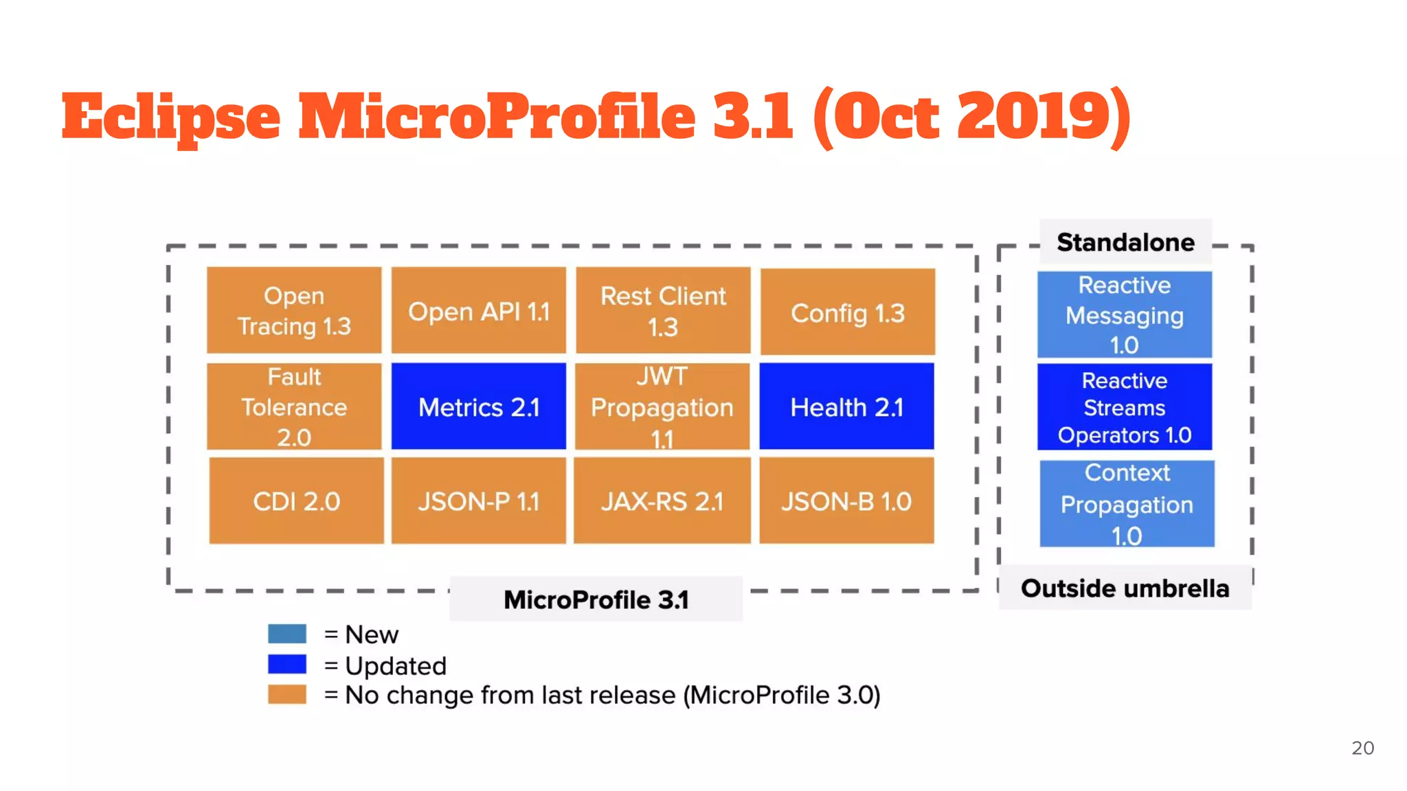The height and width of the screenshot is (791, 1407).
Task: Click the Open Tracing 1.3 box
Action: point(294,310)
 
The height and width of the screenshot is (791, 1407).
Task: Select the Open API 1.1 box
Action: point(479,310)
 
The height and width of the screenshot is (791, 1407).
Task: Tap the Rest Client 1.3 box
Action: point(663,310)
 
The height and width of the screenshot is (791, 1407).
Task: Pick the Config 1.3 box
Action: point(848,312)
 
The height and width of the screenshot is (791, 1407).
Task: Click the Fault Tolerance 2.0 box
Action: point(294,406)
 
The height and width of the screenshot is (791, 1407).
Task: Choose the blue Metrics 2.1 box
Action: point(479,406)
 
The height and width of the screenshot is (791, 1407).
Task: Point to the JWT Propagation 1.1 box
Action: point(662,406)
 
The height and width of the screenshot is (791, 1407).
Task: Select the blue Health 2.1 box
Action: point(846,406)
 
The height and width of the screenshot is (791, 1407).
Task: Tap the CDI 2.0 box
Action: point(296,501)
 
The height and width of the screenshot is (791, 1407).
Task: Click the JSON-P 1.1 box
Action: point(479,501)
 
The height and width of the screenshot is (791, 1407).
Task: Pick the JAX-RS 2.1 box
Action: point(662,501)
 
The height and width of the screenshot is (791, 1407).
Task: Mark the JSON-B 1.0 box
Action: point(846,501)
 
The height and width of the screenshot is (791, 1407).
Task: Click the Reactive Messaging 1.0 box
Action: point(1125,314)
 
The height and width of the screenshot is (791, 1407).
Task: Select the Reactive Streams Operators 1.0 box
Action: point(1125,407)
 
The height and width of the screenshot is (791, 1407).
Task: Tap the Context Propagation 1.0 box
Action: point(1127,504)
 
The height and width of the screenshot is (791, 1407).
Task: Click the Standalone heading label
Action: point(1125,242)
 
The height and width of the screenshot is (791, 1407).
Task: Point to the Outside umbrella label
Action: point(1125,588)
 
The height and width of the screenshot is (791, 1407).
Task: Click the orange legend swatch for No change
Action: point(287,694)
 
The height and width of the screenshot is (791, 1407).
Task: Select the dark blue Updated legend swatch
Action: point(287,664)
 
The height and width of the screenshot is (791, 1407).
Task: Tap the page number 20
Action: point(1362,748)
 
